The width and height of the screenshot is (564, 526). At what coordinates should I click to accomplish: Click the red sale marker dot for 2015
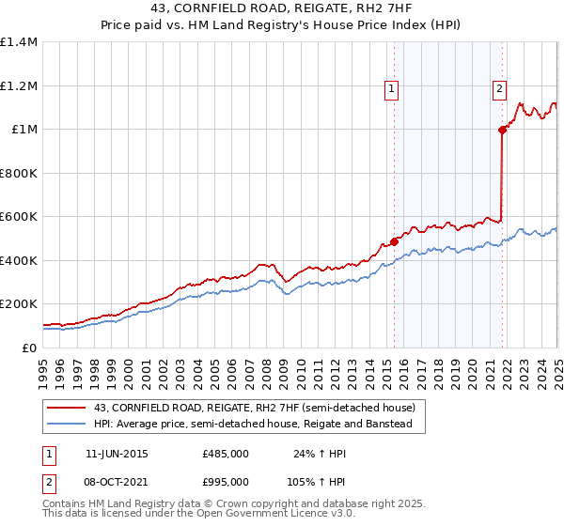[394, 242]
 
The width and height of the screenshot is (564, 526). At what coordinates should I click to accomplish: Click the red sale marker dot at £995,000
[502, 131]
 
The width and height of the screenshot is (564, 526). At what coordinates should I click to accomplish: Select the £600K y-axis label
[19, 217]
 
